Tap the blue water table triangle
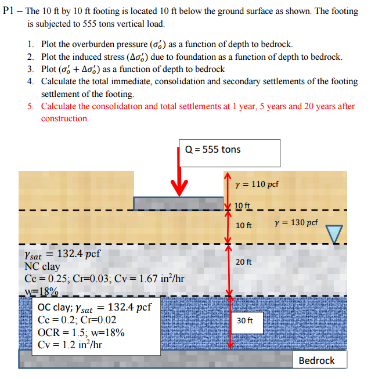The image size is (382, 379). tap(334, 233)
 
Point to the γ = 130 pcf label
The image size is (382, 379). tap(295, 222)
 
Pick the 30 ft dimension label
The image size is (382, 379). tap(244, 320)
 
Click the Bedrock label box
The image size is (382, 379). tap(316, 360)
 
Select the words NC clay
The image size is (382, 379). tap(42, 266)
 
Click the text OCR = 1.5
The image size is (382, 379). tap(64, 332)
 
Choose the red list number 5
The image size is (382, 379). tap(30, 106)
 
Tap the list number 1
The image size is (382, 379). tap(30, 45)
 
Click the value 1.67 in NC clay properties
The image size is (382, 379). tap(143, 279)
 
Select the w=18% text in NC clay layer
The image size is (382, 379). tap(41, 291)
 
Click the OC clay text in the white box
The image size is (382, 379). tap(56, 307)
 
